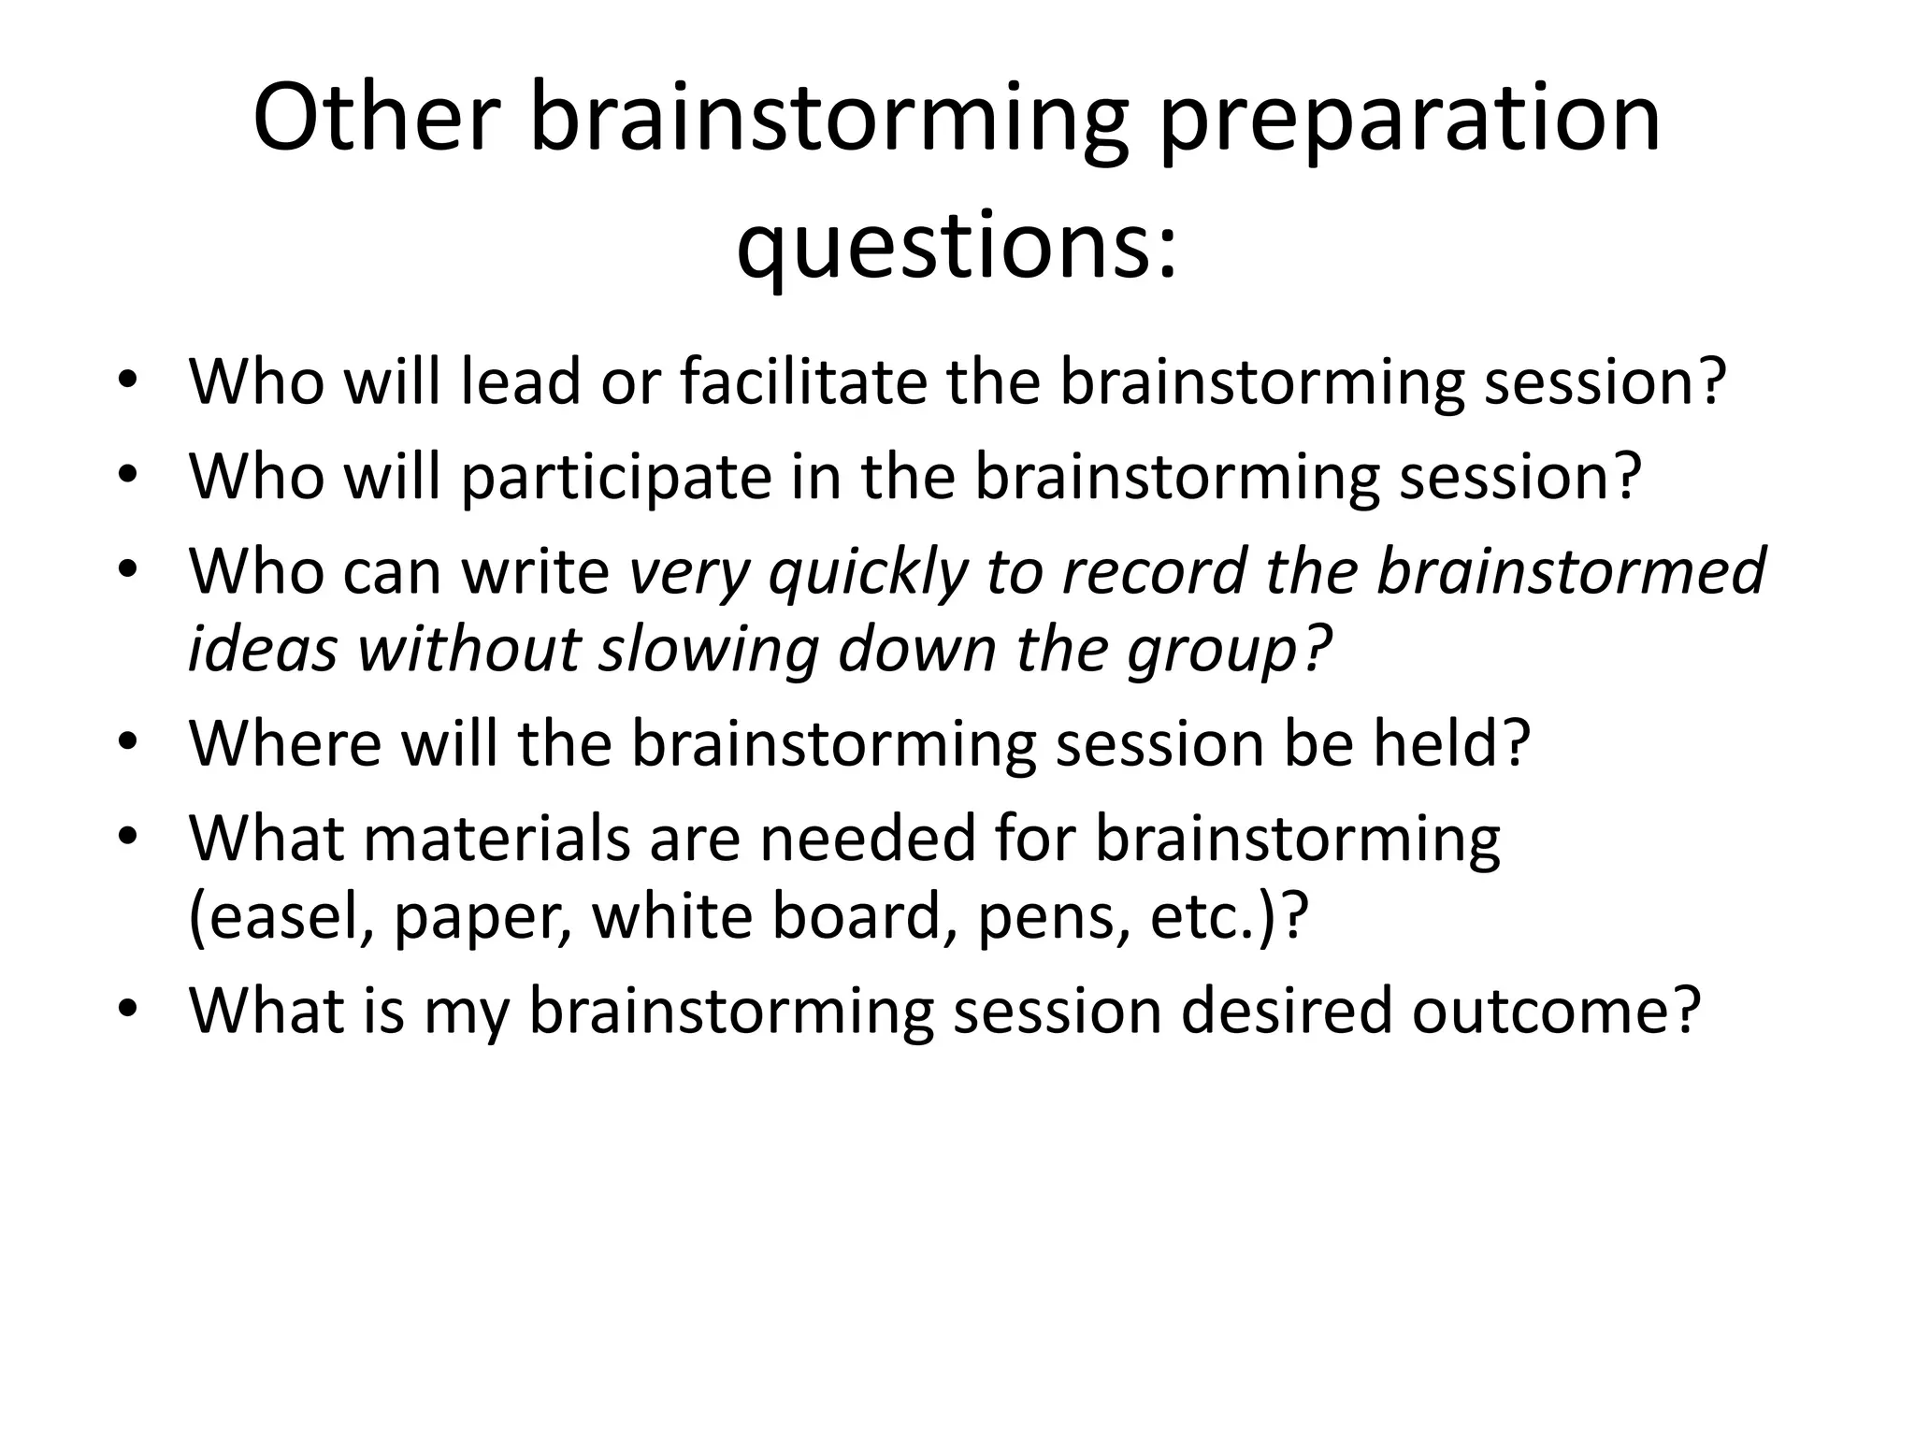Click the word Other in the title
point(370,119)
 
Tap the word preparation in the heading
point(1409,119)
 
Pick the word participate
point(617,477)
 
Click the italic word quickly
point(869,572)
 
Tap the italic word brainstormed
point(1570,572)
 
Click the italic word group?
point(1229,650)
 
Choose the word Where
point(285,743)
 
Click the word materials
point(497,839)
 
